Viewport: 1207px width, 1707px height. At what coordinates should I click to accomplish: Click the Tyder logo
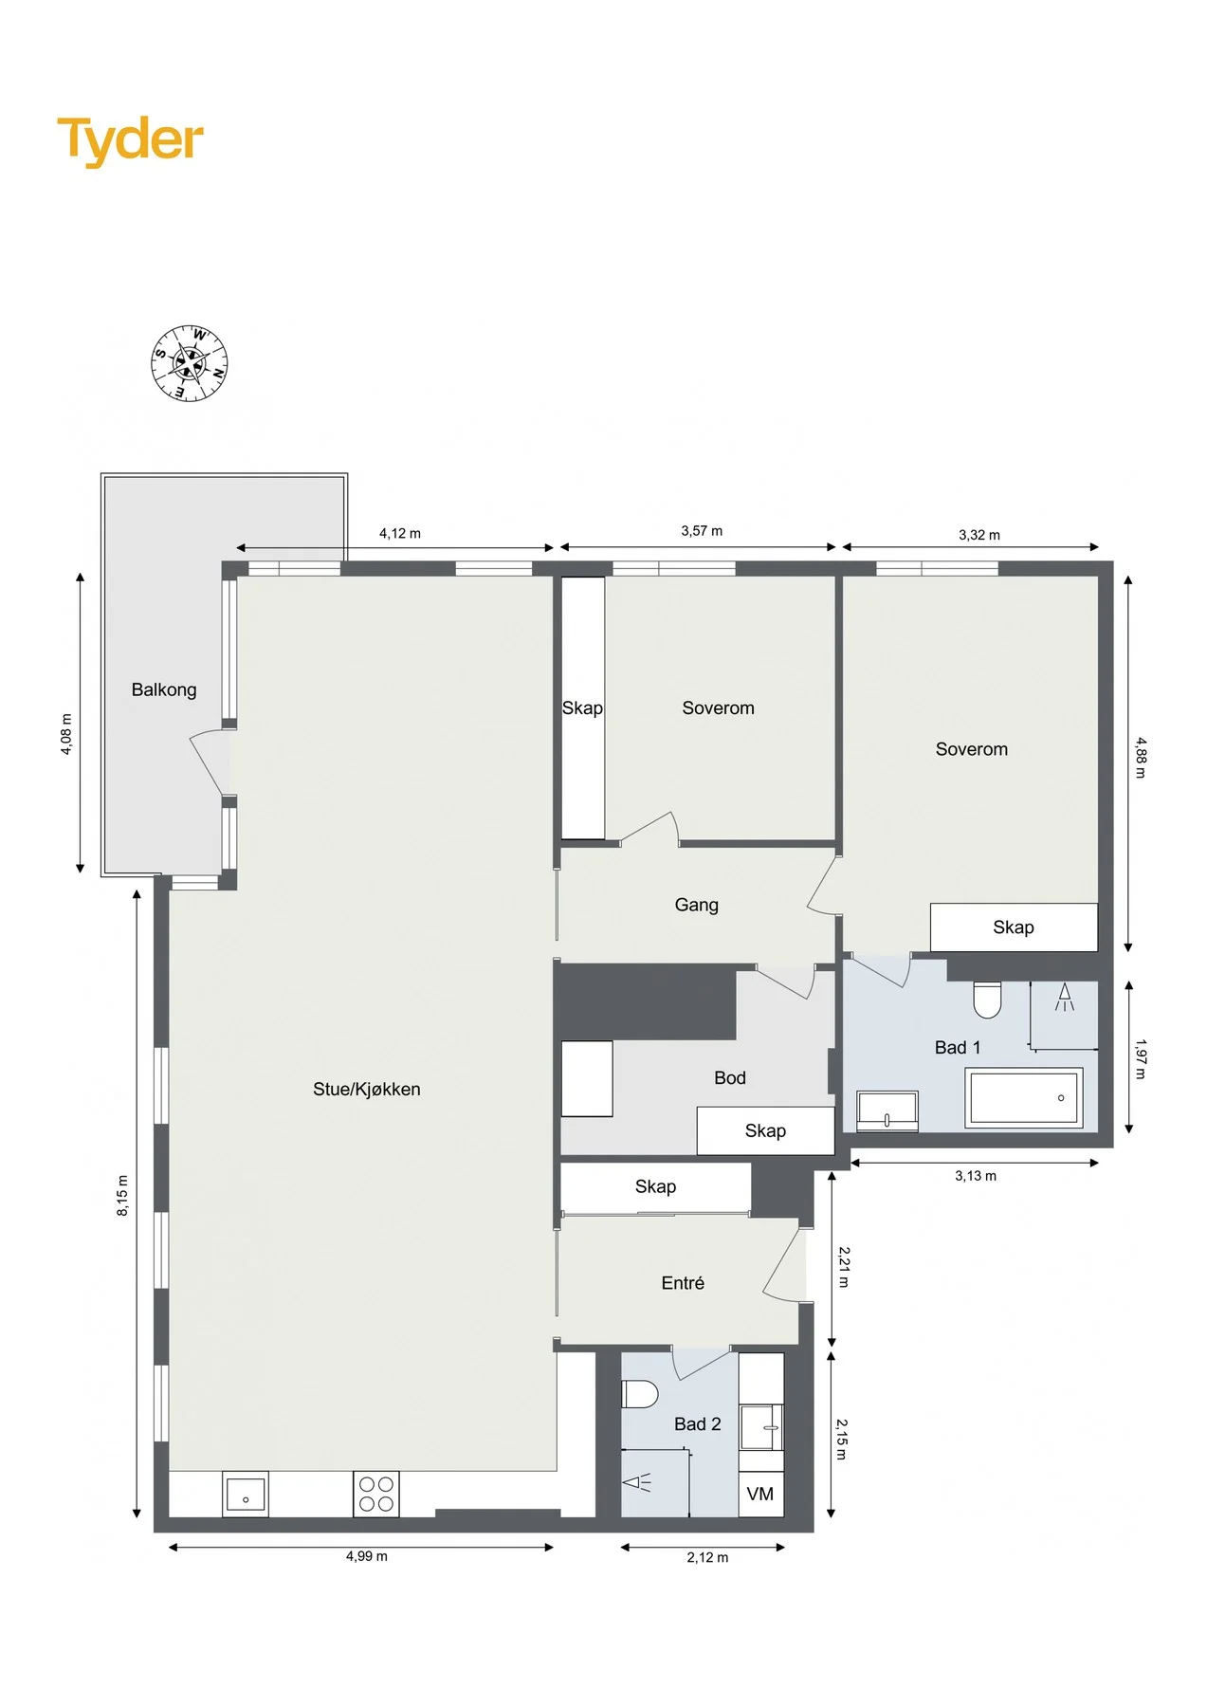[130, 140]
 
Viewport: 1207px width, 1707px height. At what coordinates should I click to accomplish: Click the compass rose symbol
[190, 363]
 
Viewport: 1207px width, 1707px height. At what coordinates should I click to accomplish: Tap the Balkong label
[164, 690]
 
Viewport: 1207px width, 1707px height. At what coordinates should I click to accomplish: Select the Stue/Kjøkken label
[367, 1090]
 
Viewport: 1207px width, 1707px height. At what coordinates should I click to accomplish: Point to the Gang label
[697, 906]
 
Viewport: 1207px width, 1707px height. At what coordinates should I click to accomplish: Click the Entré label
[683, 1283]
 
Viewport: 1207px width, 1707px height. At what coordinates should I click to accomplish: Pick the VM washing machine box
[760, 1494]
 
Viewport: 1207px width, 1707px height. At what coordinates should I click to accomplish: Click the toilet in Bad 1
[988, 1000]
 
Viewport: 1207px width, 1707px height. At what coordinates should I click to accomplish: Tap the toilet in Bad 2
[640, 1395]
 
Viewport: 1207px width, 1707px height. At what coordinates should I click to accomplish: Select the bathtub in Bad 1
[1024, 1098]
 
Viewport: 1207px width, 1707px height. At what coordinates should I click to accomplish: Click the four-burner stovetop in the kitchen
[376, 1494]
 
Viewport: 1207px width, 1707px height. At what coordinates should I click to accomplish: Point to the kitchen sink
[246, 1494]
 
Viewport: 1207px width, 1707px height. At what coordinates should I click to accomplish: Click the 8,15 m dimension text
[122, 1196]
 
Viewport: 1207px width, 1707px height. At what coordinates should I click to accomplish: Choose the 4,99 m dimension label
[367, 1556]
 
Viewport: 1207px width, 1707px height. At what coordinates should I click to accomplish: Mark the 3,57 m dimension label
[702, 531]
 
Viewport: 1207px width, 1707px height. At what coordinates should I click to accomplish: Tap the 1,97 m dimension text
[1141, 1059]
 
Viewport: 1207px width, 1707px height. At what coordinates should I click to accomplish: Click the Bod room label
[730, 1078]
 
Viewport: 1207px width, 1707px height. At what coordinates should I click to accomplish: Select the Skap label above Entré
[656, 1187]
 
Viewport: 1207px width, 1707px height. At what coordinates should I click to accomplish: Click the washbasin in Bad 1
[887, 1111]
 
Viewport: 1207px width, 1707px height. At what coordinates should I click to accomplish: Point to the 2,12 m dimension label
[708, 1557]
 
